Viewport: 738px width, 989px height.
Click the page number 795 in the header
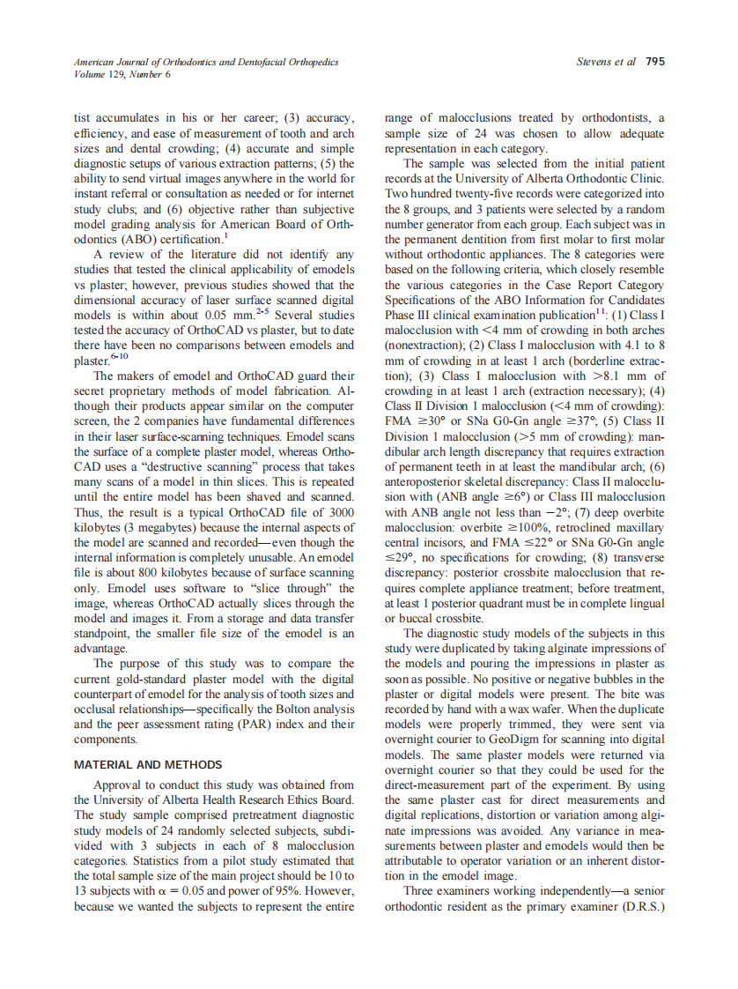(654, 62)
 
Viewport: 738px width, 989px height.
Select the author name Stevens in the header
(595, 62)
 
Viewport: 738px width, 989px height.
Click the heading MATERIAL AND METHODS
(148, 764)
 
